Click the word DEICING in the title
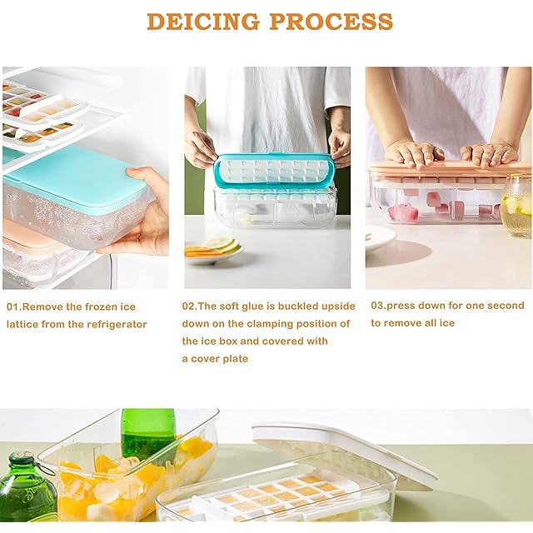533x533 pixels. [x=203, y=21]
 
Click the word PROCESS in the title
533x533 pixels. [x=331, y=21]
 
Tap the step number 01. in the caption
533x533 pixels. [x=14, y=307]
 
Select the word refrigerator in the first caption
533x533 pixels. [x=117, y=324]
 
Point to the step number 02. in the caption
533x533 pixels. [x=190, y=306]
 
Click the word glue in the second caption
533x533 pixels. [x=253, y=306]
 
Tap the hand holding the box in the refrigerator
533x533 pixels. [x=142, y=211]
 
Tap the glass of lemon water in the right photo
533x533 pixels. [x=516, y=207]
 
